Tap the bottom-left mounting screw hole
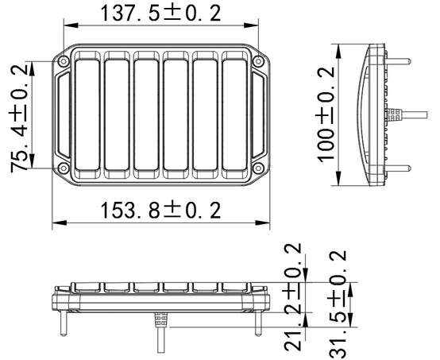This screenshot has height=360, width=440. (63, 166)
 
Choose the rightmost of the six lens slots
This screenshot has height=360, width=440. (234, 114)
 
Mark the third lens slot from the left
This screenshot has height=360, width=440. (145, 114)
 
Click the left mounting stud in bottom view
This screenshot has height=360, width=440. (62, 324)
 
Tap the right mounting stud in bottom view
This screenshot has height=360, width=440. (256, 324)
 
